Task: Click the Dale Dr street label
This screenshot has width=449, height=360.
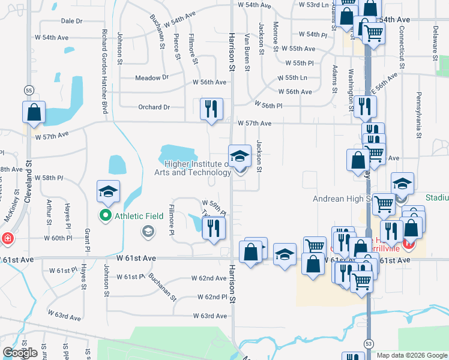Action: coord(71,21)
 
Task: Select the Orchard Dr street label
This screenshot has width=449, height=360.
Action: coord(154,107)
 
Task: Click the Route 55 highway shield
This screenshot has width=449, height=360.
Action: coord(29,90)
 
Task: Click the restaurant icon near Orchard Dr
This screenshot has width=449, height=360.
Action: coord(211,109)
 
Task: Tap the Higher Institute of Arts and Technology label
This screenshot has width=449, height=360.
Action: coord(197,168)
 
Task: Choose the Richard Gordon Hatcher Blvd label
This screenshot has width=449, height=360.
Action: coord(104,71)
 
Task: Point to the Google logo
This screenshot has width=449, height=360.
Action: coord(20,353)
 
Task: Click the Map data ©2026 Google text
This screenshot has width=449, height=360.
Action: coord(411,355)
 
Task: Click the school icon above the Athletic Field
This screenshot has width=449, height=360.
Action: coord(109,191)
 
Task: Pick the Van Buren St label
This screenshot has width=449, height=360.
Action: coord(246,53)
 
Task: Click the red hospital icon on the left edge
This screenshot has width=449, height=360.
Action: coord(7,238)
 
